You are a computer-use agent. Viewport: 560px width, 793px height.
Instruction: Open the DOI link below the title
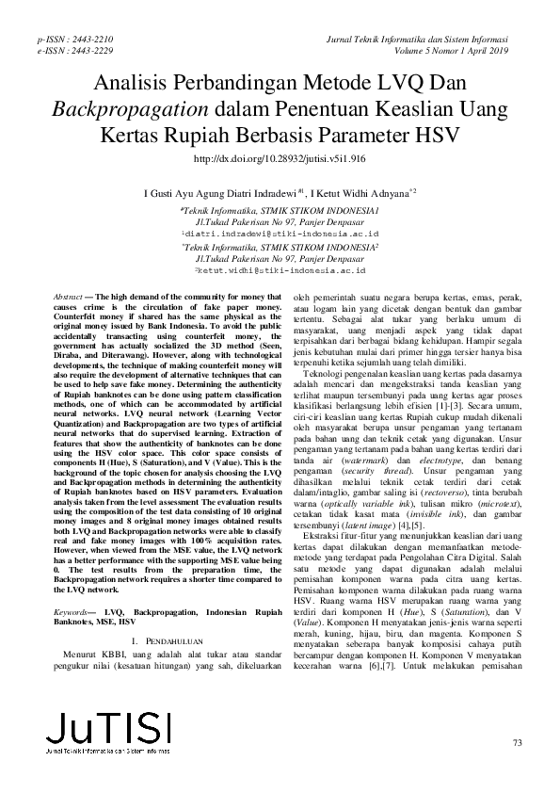click(279, 160)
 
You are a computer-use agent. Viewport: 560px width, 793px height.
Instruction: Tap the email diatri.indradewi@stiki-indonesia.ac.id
click(280, 231)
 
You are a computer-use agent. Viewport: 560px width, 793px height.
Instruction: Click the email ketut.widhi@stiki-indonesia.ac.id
click(280, 269)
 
